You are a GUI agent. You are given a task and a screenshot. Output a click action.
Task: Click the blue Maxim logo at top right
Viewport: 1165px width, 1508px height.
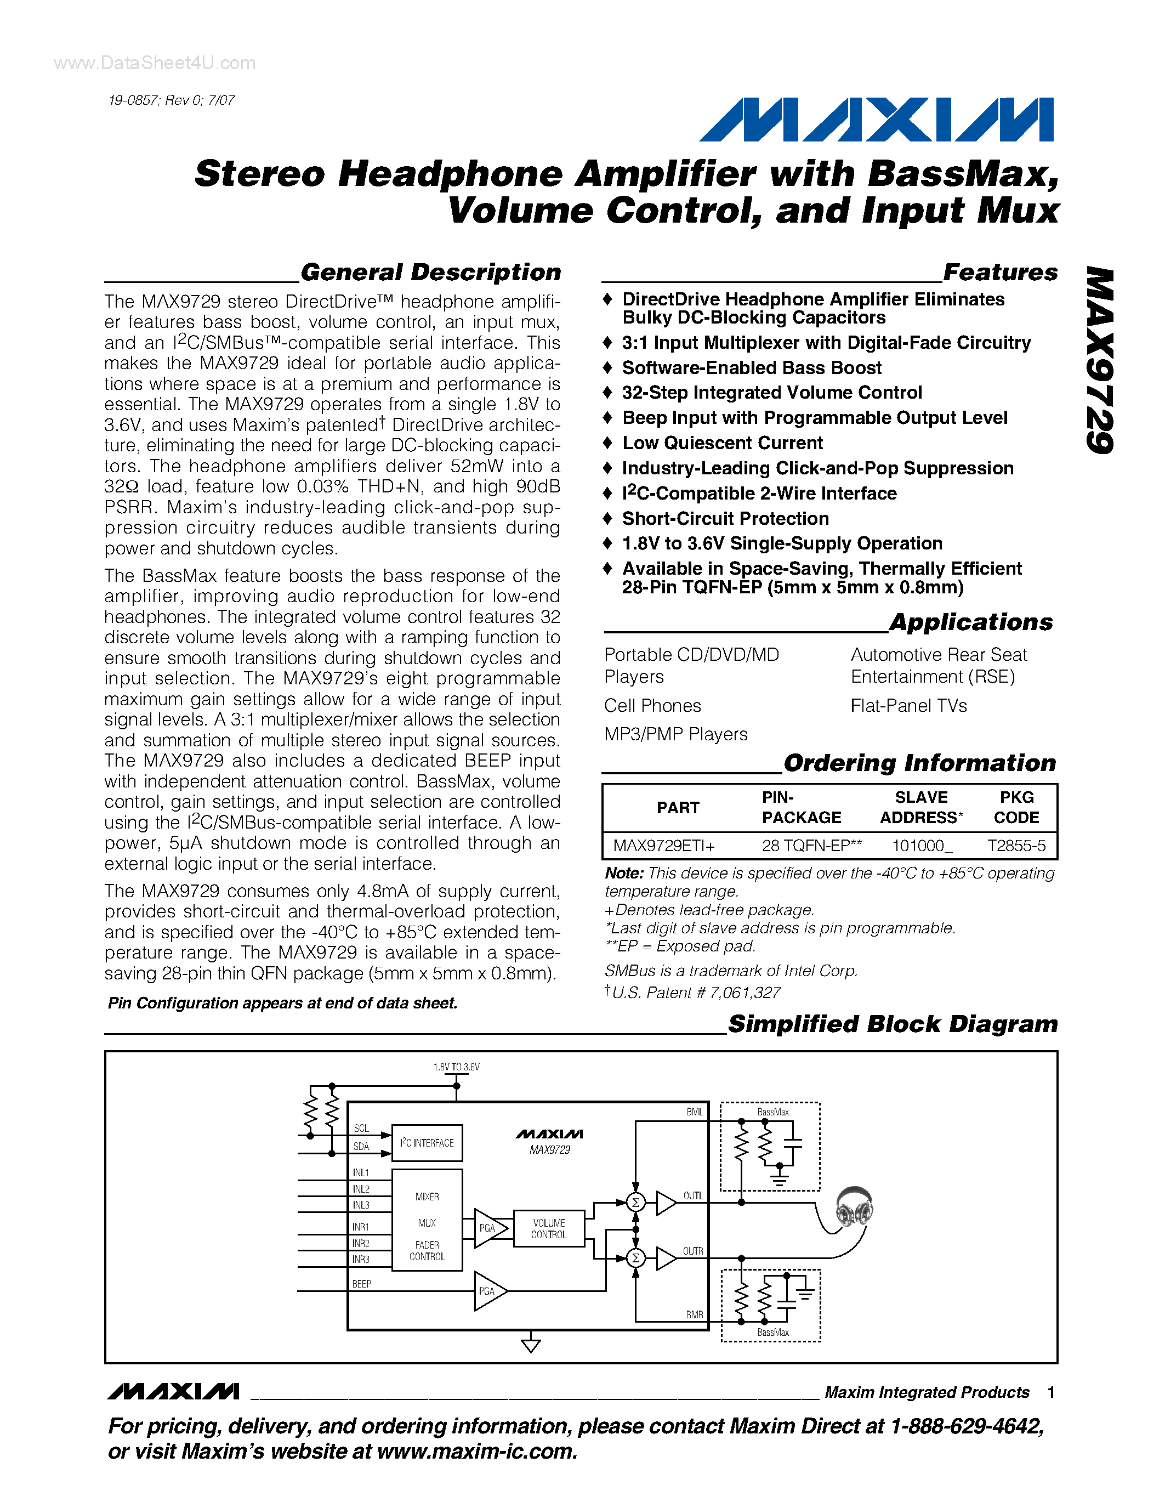pos(877,120)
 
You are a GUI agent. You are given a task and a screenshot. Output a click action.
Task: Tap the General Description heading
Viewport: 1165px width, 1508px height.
pos(431,272)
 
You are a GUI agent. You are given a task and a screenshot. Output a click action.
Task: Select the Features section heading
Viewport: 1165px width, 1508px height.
pos(999,272)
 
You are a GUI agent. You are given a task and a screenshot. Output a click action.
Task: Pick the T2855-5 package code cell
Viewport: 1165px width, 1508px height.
pos(1016,846)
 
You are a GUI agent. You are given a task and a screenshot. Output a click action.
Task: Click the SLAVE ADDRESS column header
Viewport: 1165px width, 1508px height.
pos(922,807)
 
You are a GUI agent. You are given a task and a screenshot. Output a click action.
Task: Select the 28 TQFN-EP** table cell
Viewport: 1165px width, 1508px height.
pos(811,846)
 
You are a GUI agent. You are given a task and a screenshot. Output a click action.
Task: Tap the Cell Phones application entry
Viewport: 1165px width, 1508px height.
pos(652,706)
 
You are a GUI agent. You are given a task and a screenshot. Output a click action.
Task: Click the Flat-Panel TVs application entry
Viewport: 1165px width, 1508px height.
pos(908,706)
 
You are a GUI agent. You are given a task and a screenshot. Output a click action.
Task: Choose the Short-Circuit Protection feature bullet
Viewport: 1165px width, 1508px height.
pos(725,519)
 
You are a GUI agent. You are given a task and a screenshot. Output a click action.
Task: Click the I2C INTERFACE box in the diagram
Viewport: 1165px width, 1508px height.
pos(427,1143)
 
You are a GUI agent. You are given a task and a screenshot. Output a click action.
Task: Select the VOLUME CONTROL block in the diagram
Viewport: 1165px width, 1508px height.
pos(549,1228)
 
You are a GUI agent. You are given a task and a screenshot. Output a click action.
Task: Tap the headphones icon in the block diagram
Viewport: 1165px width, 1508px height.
pos(854,1206)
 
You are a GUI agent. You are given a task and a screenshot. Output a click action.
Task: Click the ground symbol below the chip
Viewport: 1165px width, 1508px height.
pos(531,1345)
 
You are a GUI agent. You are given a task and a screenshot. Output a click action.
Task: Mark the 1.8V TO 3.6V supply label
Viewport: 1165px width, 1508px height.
pos(456,1067)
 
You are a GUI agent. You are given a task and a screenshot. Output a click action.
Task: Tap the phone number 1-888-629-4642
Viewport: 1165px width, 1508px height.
pos(966,1426)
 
